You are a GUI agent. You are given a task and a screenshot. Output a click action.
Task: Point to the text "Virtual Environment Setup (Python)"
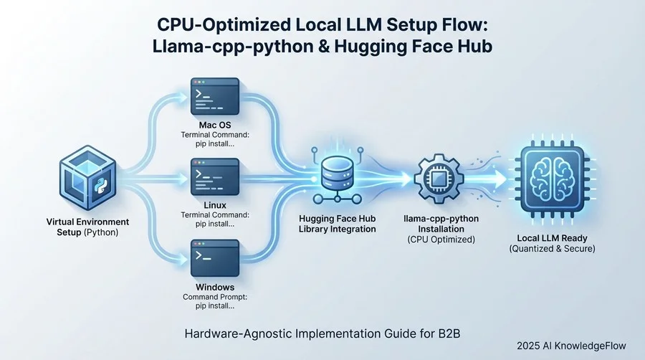click(88, 228)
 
